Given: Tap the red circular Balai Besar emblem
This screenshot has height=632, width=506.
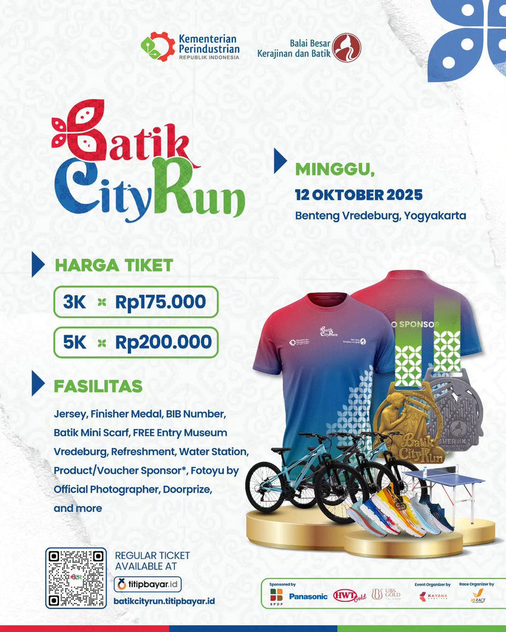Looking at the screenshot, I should (346, 48).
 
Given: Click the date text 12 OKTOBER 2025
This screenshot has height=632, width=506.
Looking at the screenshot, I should (359, 194).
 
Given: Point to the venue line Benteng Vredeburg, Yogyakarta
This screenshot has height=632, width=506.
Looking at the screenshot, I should (380, 215).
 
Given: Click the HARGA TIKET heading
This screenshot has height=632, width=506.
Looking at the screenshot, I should (113, 265).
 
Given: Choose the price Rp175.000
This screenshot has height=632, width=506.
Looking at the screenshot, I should (161, 302).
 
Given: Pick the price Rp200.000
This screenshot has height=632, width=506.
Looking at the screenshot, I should (163, 342).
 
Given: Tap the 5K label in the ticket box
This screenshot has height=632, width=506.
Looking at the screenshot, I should (75, 342).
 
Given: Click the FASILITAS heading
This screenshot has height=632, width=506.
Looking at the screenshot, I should (98, 386).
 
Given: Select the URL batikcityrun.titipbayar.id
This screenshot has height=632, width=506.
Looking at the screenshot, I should (164, 600).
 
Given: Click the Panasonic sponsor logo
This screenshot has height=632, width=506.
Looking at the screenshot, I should (308, 596).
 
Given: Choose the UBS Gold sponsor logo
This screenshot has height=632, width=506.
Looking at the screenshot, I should (386, 594).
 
